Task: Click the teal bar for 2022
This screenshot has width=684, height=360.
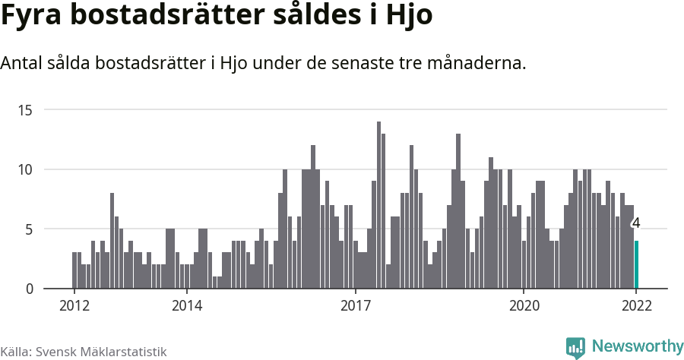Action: click(637, 264)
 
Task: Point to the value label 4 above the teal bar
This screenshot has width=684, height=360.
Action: click(636, 223)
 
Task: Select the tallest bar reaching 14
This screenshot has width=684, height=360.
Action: click(378, 205)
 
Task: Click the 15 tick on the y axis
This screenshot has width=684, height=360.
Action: click(26, 110)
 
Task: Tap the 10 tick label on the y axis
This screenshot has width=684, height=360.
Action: click(26, 169)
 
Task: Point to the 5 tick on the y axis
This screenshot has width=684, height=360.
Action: click(29, 229)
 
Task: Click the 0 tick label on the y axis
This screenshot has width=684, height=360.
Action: click(29, 289)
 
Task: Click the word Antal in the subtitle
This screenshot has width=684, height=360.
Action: click(22, 63)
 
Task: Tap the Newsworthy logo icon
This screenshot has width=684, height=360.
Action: click(575, 347)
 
